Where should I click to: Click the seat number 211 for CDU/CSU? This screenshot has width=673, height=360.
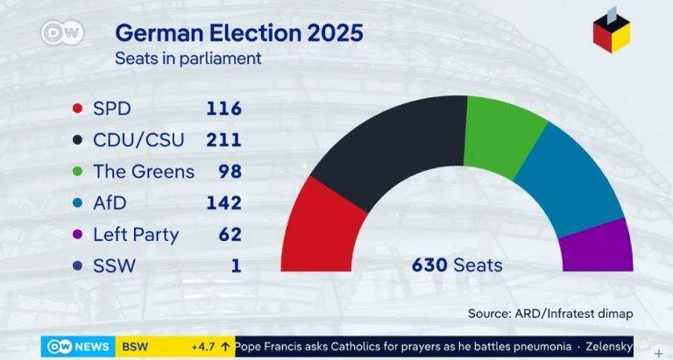223,140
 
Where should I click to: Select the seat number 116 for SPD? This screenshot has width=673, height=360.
223,109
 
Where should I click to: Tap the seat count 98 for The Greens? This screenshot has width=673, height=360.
230,172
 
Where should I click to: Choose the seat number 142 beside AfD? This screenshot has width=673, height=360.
223,203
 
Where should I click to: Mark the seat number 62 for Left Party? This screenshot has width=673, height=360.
230,234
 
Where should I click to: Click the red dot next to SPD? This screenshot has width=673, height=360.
77,109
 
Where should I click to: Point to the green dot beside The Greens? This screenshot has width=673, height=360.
77,172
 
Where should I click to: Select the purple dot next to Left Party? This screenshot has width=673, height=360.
77,234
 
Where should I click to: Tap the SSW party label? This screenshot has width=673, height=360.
114,265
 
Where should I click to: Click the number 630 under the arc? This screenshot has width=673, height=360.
430,265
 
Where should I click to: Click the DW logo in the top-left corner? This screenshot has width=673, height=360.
61,33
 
